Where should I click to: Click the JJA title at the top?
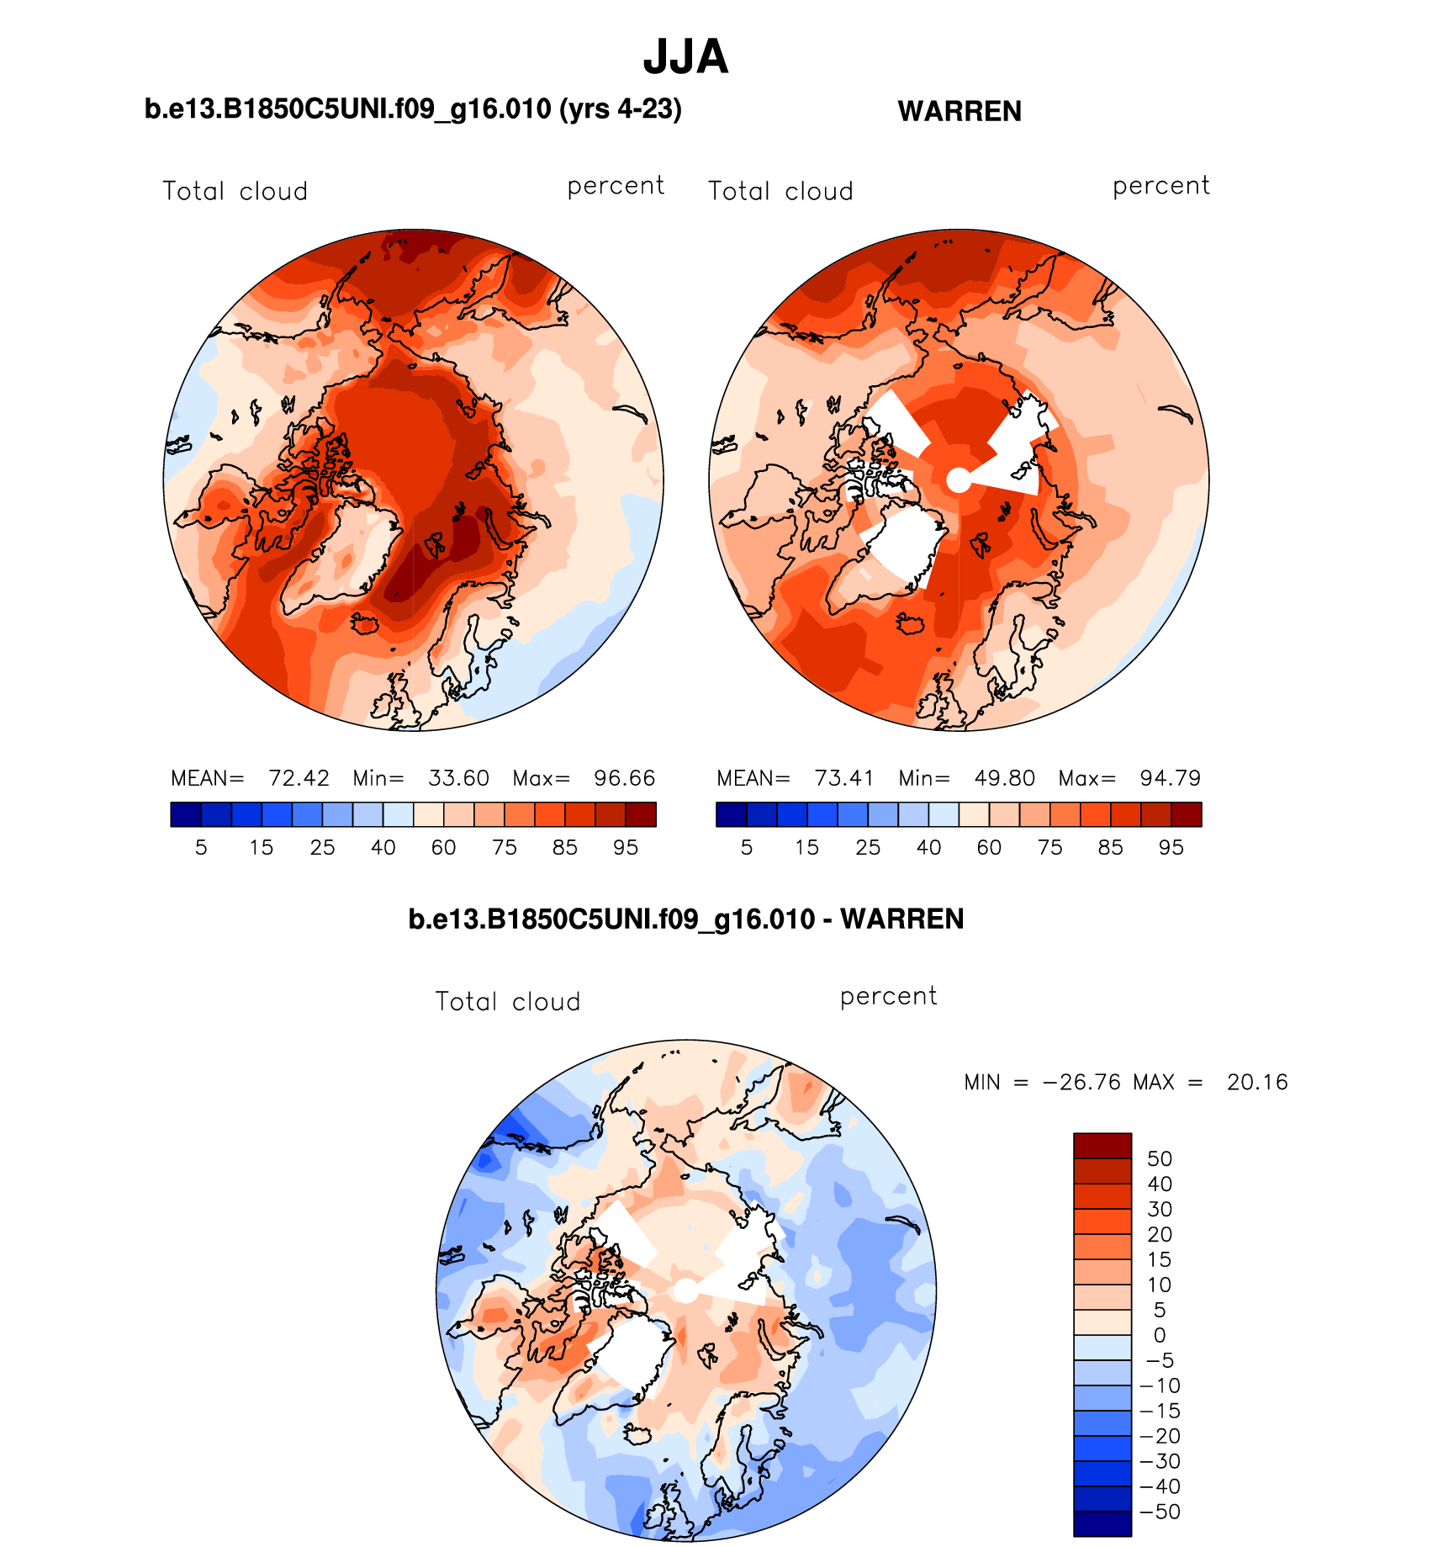tap(685, 57)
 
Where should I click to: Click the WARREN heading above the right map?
tap(960, 111)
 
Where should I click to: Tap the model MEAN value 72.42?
tap(299, 778)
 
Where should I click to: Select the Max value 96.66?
tap(624, 778)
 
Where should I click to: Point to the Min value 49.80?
tap(1004, 778)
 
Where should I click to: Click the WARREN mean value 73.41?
tap(844, 778)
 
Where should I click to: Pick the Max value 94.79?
tap(1170, 778)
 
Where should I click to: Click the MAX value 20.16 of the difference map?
tap(1257, 1082)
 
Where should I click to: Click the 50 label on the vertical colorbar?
tap(1159, 1158)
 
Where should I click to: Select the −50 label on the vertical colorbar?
tap(1160, 1512)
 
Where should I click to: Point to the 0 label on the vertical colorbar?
tap(1159, 1335)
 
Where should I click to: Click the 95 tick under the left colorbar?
tap(626, 847)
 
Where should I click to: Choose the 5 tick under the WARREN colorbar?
tap(747, 847)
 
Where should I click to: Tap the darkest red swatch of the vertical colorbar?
tap(1102, 1146)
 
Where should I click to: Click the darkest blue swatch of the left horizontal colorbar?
tap(186, 814)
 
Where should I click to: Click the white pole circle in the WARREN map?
tap(959, 479)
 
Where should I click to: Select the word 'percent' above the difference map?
tap(888, 997)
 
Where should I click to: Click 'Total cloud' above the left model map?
tap(235, 191)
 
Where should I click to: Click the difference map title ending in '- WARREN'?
tap(685, 919)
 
